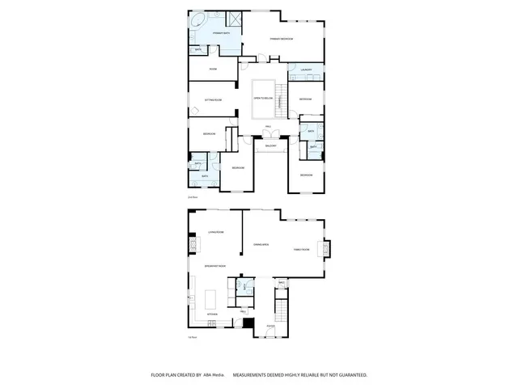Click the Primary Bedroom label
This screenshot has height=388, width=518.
(281, 39)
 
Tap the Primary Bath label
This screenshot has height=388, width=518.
(220, 33)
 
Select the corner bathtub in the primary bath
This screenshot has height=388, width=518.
(198, 20)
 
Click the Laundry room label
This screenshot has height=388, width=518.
(306, 70)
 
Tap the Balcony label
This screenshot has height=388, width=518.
(271, 145)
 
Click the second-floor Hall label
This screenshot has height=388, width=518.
(267, 127)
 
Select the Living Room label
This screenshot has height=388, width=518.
(215, 232)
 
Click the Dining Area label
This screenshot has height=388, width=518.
(261, 243)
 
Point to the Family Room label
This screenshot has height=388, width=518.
(301, 250)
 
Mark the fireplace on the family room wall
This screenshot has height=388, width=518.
(327, 250)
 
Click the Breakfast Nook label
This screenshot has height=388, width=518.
(215, 266)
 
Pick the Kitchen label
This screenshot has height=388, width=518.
(212, 314)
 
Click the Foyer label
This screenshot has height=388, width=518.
(271, 327)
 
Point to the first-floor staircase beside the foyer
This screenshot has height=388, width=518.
(282, 310)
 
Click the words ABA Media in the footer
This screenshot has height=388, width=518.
(214, 375)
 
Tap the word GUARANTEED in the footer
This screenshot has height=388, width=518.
(351, 375)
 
